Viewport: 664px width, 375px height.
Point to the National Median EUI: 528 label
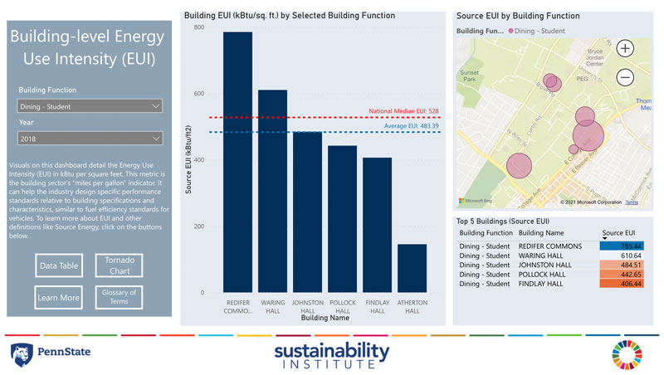point(404,110)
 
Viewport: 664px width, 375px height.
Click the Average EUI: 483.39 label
point(411,126)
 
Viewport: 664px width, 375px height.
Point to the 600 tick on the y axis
point(198,94)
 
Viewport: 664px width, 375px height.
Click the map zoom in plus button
point(625,48)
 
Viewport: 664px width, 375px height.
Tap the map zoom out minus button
point(625,77)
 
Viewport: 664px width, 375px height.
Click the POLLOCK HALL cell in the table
point(541,275)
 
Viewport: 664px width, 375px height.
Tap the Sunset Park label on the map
point(470,76)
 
